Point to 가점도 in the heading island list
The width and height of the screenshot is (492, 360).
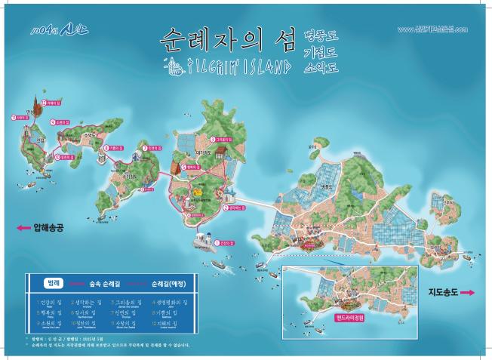(x=320, y=51)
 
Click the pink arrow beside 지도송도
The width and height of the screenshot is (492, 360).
(x=468, y=291)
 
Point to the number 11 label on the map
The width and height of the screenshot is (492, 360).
(x=20, y=118)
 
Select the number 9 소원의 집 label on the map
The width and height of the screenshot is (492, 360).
(x=60, y=121)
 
